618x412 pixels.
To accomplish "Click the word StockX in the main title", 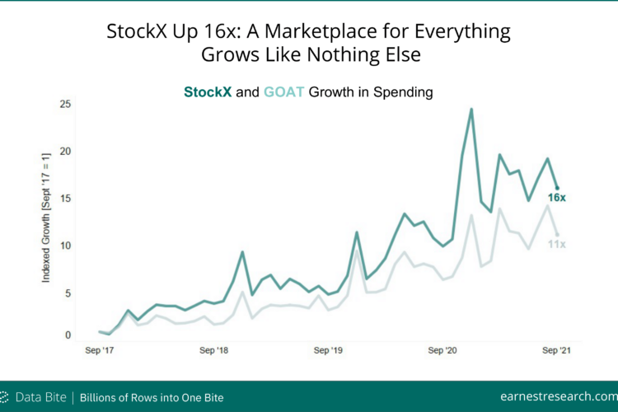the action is click(137, 31).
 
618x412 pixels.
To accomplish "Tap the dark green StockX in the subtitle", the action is click(208, 91).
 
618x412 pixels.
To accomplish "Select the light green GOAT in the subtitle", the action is click(283, 91).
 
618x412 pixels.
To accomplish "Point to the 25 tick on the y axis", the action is click(65, 104).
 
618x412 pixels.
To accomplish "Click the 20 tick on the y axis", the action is click(65, 152).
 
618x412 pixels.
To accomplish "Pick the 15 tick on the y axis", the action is click(65, 199).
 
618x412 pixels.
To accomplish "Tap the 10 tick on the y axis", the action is click(65, 246).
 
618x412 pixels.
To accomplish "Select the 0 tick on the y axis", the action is click(68, 335).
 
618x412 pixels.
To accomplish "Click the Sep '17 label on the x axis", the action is click(100, 350).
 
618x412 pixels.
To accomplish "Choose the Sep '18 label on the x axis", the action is click(213, 350).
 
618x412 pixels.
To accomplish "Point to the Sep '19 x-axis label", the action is click(328, 350).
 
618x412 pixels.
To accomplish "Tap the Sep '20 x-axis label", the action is click(442, 350).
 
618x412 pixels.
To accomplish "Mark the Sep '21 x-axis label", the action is click(556, 350).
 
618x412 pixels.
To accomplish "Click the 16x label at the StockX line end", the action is click(556, 198).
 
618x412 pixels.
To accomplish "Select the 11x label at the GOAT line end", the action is click(556, 245).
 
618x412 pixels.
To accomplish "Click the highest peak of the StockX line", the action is click(471, 110).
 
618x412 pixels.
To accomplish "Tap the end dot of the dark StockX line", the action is click(557, 188).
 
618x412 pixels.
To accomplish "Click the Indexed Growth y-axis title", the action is click(46, 218).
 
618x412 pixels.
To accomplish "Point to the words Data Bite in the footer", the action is click(41, 397).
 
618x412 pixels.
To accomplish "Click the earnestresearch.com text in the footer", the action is click(559, 396).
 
